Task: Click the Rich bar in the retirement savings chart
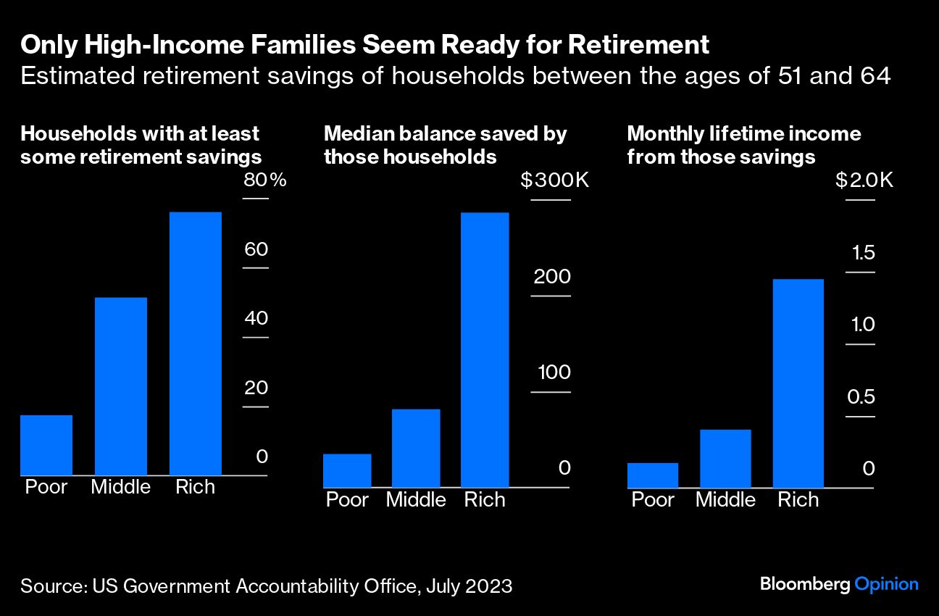click(195, 344)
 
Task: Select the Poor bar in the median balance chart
click(347, 470)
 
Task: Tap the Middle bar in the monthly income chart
click(725, 458)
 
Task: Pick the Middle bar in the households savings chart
click(121, 386)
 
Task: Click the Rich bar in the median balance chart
click(485, 349)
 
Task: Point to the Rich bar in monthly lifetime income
click(798, 383)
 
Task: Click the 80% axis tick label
click(265, 180)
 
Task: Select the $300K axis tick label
click(555, 180)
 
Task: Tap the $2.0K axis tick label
click(864, 180)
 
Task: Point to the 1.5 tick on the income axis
click(864, 253)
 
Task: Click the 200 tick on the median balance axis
click(552, 277)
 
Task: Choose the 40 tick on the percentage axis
click(256, 318)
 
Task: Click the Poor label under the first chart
click(46, 486)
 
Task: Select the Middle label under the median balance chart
click(416, 499)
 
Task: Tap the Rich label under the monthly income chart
click(798, 499)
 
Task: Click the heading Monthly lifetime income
click(743, 134)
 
